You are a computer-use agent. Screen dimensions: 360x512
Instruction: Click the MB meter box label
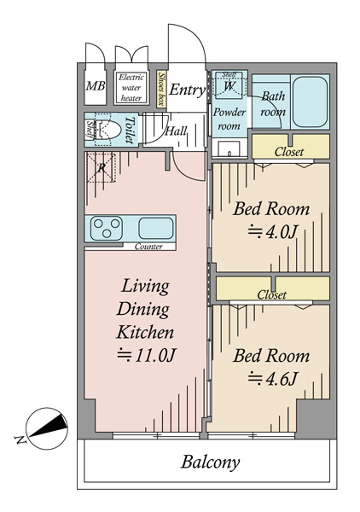[96, 86]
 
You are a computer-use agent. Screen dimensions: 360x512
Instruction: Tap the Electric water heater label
[131, 88]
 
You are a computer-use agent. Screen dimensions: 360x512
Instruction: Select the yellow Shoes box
[161, 89]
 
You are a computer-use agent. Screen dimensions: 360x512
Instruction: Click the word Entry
[187, 90]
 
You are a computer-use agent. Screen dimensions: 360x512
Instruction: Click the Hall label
[176, 131]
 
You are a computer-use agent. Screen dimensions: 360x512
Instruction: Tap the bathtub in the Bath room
[310, 102]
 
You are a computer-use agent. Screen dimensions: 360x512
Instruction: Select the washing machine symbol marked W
[229, 84]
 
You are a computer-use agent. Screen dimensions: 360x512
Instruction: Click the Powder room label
[229, 119]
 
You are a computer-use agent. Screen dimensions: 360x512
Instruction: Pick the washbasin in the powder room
[229, 149]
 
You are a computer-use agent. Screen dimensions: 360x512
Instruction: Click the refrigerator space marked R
[102, 167]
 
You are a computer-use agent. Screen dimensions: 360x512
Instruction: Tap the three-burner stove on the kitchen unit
[107, 228]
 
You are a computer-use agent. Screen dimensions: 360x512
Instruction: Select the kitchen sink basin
[155, 228]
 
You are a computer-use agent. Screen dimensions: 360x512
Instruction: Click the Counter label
[148, 247]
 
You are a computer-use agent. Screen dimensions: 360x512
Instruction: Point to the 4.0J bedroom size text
[272, 232]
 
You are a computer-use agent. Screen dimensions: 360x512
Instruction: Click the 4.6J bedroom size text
[272, 379]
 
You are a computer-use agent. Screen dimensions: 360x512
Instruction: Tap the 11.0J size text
[147, 355]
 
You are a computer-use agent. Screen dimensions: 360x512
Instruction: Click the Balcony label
[211, 463]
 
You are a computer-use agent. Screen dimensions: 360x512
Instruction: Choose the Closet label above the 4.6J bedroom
[271, 294]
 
